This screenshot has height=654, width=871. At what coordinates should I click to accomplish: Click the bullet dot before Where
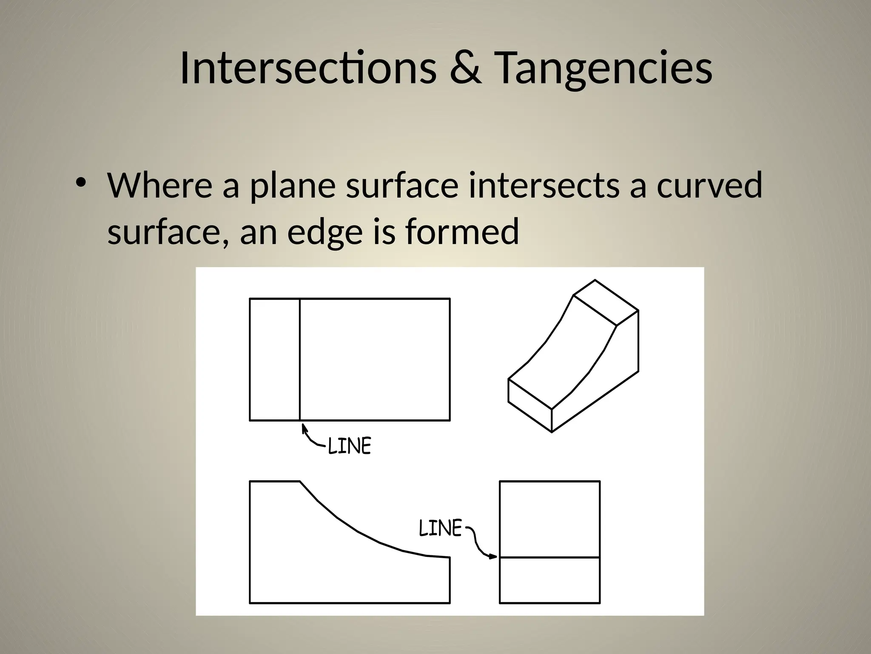[x=80, y=182]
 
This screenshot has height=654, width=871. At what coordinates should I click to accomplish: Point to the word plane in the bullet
[x=292, y=186]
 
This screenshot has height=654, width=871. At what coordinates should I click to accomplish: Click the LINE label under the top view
[x=350, y=446]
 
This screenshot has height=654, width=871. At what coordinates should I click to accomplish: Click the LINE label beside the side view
[x=440, y=528]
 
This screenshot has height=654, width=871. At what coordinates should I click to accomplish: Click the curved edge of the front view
[x=357, y=531]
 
